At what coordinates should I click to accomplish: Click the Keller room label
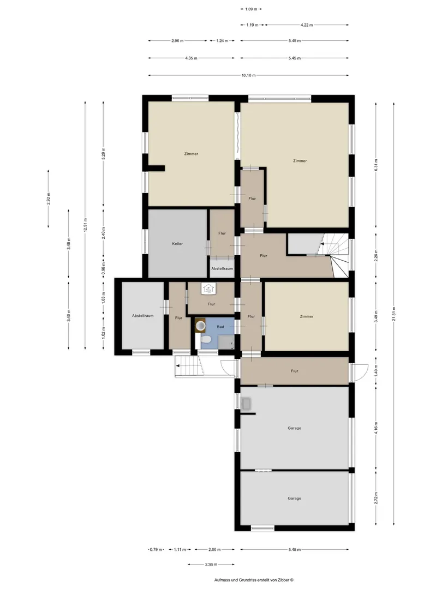177,244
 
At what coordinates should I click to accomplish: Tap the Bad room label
220,327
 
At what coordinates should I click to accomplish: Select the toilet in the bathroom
205,340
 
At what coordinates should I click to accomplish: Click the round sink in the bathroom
200,325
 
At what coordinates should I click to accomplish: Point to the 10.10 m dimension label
248,75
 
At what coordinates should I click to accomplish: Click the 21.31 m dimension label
394,314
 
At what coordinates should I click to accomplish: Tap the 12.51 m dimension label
86,225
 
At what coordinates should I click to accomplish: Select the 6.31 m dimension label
376,165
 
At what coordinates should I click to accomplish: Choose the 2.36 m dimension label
211,564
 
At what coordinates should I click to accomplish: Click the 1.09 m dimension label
251,9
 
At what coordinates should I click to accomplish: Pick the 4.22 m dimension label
307,25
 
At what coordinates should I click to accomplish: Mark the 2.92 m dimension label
49,199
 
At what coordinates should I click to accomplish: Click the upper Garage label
294,428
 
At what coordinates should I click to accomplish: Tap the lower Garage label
294,498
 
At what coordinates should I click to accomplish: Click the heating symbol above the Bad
208,289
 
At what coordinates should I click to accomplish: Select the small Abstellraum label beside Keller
222,268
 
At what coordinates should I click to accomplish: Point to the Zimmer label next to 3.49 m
307,316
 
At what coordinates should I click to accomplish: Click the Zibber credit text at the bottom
254,580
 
